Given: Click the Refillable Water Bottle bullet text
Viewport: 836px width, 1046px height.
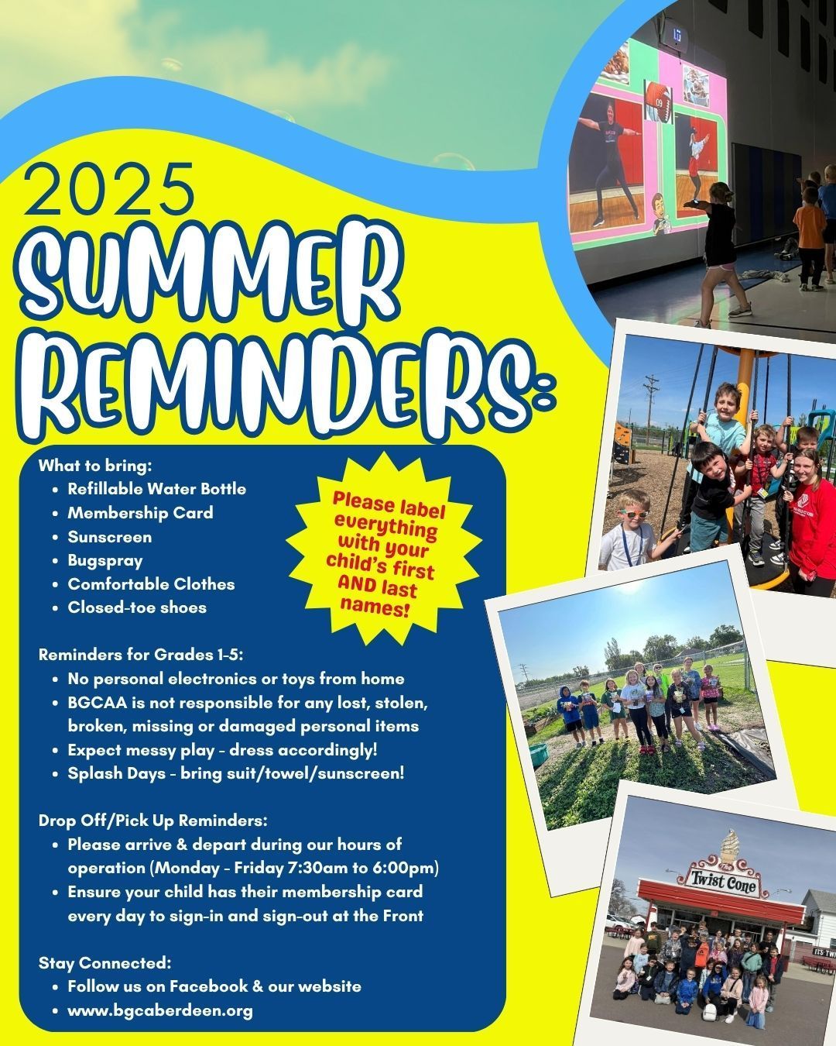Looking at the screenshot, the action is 156,488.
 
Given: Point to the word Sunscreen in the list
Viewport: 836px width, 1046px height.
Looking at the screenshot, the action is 110,537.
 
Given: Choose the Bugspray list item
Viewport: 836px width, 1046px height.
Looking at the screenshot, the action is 105,560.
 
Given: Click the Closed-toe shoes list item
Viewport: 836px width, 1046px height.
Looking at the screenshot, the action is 137,607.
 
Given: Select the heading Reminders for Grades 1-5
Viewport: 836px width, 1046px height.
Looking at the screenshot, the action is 140,655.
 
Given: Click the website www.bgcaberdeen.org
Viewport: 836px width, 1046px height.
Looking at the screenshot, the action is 159,1011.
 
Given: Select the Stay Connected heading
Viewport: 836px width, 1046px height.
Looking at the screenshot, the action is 105,963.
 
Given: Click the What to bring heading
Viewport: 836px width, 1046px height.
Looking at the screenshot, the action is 95,465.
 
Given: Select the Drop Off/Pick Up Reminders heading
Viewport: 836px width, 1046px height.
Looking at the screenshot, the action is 153,821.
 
